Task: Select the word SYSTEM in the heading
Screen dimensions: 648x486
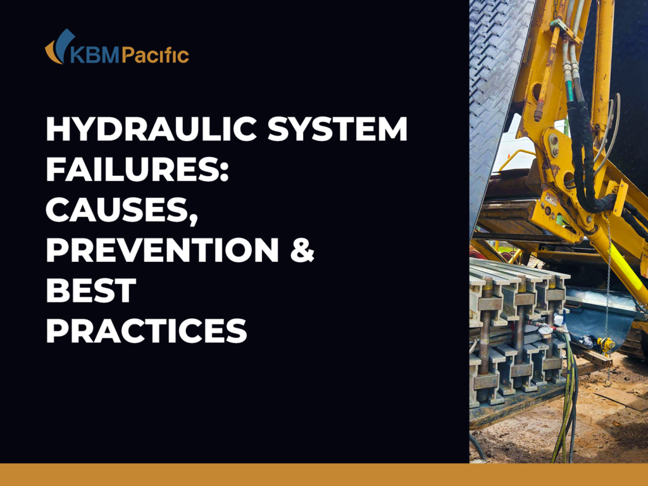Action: coord(337,129)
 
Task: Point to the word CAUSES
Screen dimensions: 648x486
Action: coord(117,209)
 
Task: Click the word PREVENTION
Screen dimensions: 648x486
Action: coord(163,250)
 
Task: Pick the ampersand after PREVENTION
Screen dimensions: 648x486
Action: coord(302,250)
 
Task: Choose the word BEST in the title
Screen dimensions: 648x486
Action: coord(91,290)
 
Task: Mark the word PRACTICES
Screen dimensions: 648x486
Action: coord(146,331)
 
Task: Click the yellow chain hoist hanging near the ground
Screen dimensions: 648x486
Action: coord(606,345)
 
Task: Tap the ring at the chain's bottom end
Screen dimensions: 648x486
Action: coord(608,383)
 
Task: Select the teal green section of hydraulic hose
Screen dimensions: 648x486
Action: coord(570,90)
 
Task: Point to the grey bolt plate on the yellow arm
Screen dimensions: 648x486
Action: coord(553,146)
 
